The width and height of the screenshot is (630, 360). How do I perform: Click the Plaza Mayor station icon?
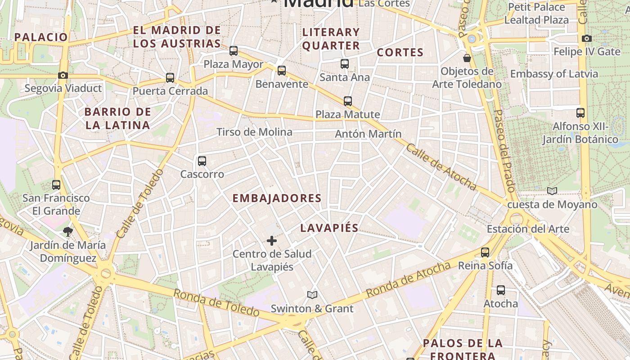233,51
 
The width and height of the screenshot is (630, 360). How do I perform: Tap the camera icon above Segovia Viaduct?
63,75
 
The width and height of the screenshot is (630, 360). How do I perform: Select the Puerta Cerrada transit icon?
170,78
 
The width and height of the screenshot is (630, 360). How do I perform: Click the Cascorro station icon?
202,161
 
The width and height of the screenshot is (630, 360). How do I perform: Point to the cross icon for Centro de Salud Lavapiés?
272,241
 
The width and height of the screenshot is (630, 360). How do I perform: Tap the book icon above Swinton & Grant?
312,295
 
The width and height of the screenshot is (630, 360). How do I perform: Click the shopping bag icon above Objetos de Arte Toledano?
467,58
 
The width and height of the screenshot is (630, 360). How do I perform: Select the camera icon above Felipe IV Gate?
587,39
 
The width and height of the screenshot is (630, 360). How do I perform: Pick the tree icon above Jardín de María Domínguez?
68,232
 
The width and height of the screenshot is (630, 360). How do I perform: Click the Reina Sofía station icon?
485,252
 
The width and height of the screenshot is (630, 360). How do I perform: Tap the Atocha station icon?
500,290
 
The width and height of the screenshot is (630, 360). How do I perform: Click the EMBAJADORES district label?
277,198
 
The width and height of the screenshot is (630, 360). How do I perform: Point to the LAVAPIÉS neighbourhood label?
329,228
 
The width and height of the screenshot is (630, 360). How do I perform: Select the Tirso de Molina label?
254,132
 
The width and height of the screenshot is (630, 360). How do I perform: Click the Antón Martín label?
368,134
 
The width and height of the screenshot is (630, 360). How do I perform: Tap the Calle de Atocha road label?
441,167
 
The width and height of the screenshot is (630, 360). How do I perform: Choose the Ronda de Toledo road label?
216,302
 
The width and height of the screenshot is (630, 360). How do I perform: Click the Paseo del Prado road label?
504,151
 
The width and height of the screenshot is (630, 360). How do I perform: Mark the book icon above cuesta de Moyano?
552,191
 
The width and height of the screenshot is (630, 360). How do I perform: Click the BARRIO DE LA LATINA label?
117,118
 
